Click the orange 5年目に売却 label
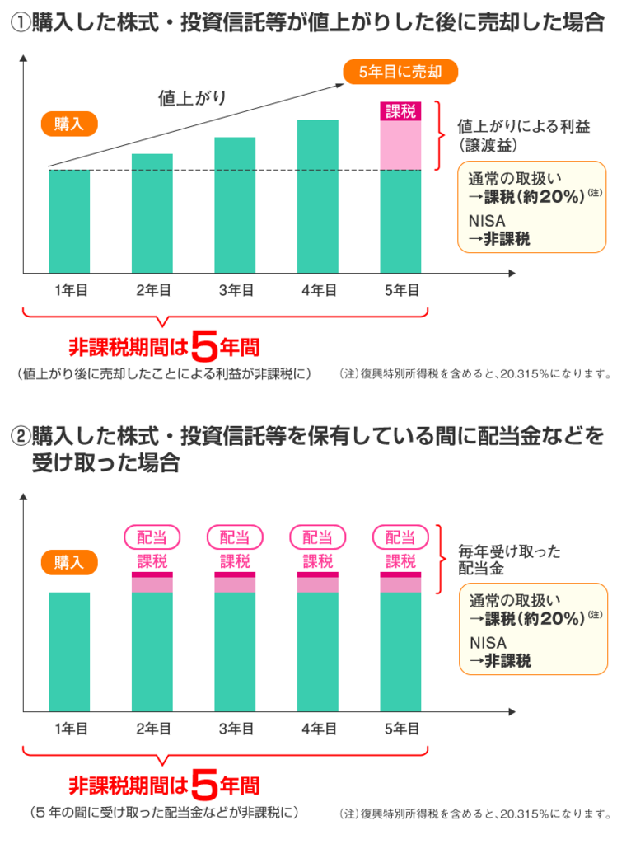tap(400, 72)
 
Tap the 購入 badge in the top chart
tap(68, 124)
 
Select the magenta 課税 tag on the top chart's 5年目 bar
tap(400, 110)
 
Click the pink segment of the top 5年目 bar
tap(400, 145)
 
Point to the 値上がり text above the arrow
tap(192, 99)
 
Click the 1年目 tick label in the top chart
tap(71, 289)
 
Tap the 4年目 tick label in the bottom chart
tap(318, 729)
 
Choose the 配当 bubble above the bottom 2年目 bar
tap(152, 537)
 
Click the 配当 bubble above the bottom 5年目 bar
tap(400, 537)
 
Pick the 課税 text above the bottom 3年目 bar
tap(235, 561)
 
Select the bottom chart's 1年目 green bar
tap(69, 651)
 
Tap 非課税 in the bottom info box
tap(505, 661)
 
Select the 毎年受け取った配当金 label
tap(509, 560)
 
